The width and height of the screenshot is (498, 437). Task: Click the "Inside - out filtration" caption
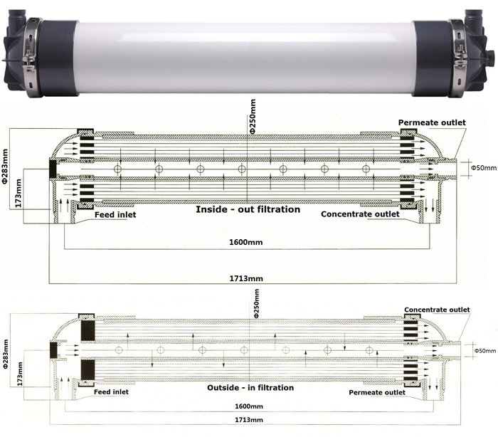pos(247,210)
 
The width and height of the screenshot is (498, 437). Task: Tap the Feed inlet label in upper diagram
pos(115,214)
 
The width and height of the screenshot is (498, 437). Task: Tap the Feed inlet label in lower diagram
pos(115,392)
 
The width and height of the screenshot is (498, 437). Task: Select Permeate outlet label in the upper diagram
pos(432,123)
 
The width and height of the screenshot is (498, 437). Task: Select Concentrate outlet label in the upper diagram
pos(360,214)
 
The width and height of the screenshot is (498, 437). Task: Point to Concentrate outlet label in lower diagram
pos(437,310)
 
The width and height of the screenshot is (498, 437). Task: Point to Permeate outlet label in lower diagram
pos(376,392)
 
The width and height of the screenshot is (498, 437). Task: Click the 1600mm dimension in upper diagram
pos(247,242)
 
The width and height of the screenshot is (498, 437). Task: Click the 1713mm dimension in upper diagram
pos(247,278)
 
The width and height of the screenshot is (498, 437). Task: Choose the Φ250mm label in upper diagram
pos(252,118)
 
